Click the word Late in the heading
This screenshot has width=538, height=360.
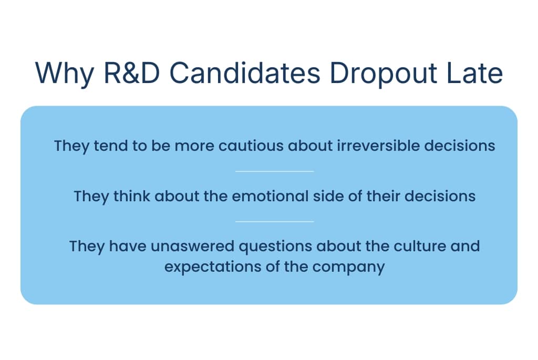click(476, 74)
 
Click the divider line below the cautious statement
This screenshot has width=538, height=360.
click(274, 171)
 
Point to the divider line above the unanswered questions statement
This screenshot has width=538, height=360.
click(274, 222)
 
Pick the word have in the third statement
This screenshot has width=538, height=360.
click(127, 246)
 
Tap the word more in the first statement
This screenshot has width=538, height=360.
click(192, 146)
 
